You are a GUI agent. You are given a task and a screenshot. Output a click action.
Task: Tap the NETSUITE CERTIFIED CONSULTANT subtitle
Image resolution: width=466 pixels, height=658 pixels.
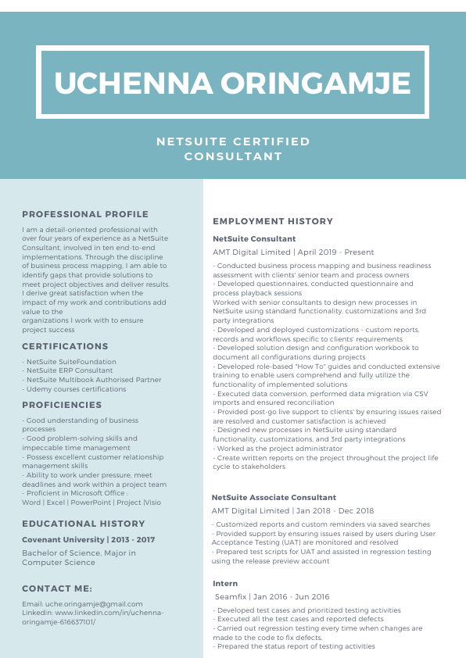coord(233,148)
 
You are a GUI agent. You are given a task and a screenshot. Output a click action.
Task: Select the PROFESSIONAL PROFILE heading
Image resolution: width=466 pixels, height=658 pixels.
coord(85,214)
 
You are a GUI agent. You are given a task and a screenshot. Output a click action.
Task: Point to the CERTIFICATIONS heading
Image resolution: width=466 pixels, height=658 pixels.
coord(65,346)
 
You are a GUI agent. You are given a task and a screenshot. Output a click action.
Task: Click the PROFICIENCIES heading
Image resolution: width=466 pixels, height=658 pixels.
coord(62,405)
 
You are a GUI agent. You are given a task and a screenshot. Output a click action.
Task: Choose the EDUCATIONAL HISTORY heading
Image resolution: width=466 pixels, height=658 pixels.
coord(84,524)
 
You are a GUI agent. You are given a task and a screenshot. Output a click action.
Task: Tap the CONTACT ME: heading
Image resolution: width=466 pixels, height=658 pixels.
coord(57,588)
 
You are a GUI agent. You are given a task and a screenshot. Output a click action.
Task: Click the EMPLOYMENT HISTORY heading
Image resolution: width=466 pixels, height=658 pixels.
coord(273,221)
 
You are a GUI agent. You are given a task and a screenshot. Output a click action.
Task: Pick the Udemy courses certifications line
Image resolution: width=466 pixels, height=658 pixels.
coord(76,388)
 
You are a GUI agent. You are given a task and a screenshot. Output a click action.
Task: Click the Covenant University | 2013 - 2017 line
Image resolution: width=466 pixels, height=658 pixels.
coord(88,540)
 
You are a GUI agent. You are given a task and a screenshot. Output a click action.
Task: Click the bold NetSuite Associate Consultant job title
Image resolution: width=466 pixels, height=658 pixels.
coord(274,497)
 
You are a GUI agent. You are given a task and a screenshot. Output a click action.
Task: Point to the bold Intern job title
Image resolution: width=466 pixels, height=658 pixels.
coord(224,584)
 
